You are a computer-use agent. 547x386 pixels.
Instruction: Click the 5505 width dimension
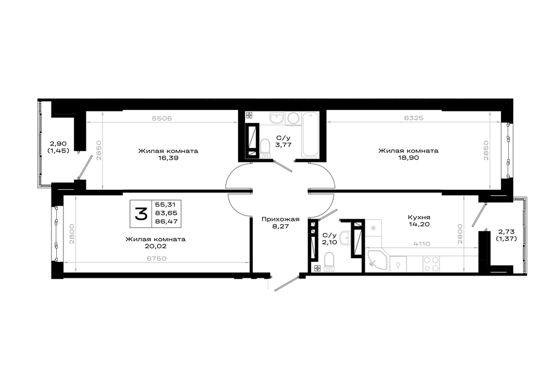tap(162, 118)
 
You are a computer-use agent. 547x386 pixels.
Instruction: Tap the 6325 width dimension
tap(414, 118)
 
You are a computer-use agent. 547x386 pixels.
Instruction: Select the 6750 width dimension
tap(156, 259)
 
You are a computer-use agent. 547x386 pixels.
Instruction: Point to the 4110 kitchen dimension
tap(422, 244)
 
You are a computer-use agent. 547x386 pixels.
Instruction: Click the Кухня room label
tap(419, 217)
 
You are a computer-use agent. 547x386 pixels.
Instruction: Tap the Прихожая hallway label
tap(281, 219)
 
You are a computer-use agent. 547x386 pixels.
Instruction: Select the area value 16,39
tap(168, 158)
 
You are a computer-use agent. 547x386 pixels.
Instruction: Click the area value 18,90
tap(409, 157)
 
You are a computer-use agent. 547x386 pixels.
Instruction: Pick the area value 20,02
tap(155, 246)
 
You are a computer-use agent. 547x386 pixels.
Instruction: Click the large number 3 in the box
tap(141, 213)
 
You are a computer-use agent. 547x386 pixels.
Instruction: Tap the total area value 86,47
tap(167, 221)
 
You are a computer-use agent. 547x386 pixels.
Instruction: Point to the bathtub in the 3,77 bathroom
tap(310, 134)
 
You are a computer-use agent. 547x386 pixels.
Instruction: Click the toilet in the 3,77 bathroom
tap(265, 148)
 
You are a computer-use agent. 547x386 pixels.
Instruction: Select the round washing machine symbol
tap(294, 119)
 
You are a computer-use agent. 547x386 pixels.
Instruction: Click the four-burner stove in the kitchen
tap(431, 264)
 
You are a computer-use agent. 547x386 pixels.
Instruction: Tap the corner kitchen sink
tap(377, 259)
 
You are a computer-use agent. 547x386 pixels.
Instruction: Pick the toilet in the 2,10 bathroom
tap(329, 261)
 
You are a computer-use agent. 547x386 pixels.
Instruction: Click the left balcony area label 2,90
tap(59, 144)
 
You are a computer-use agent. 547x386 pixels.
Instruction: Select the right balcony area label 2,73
tap(506, 232)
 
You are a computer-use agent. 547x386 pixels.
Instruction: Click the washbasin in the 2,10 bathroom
tap(345, 238)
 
